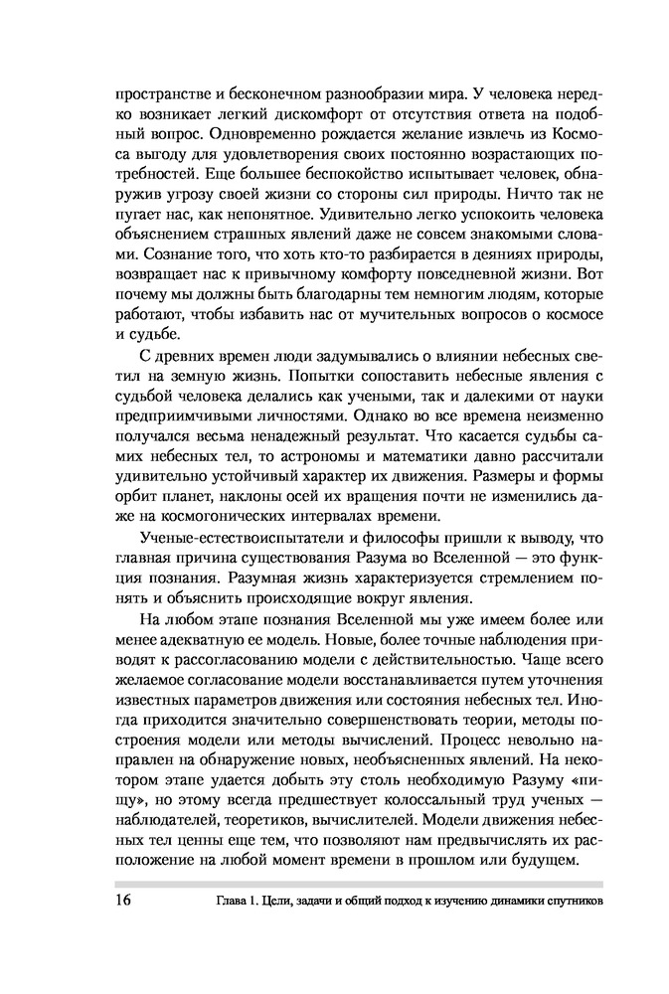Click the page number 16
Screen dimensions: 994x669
coord(126,903)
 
